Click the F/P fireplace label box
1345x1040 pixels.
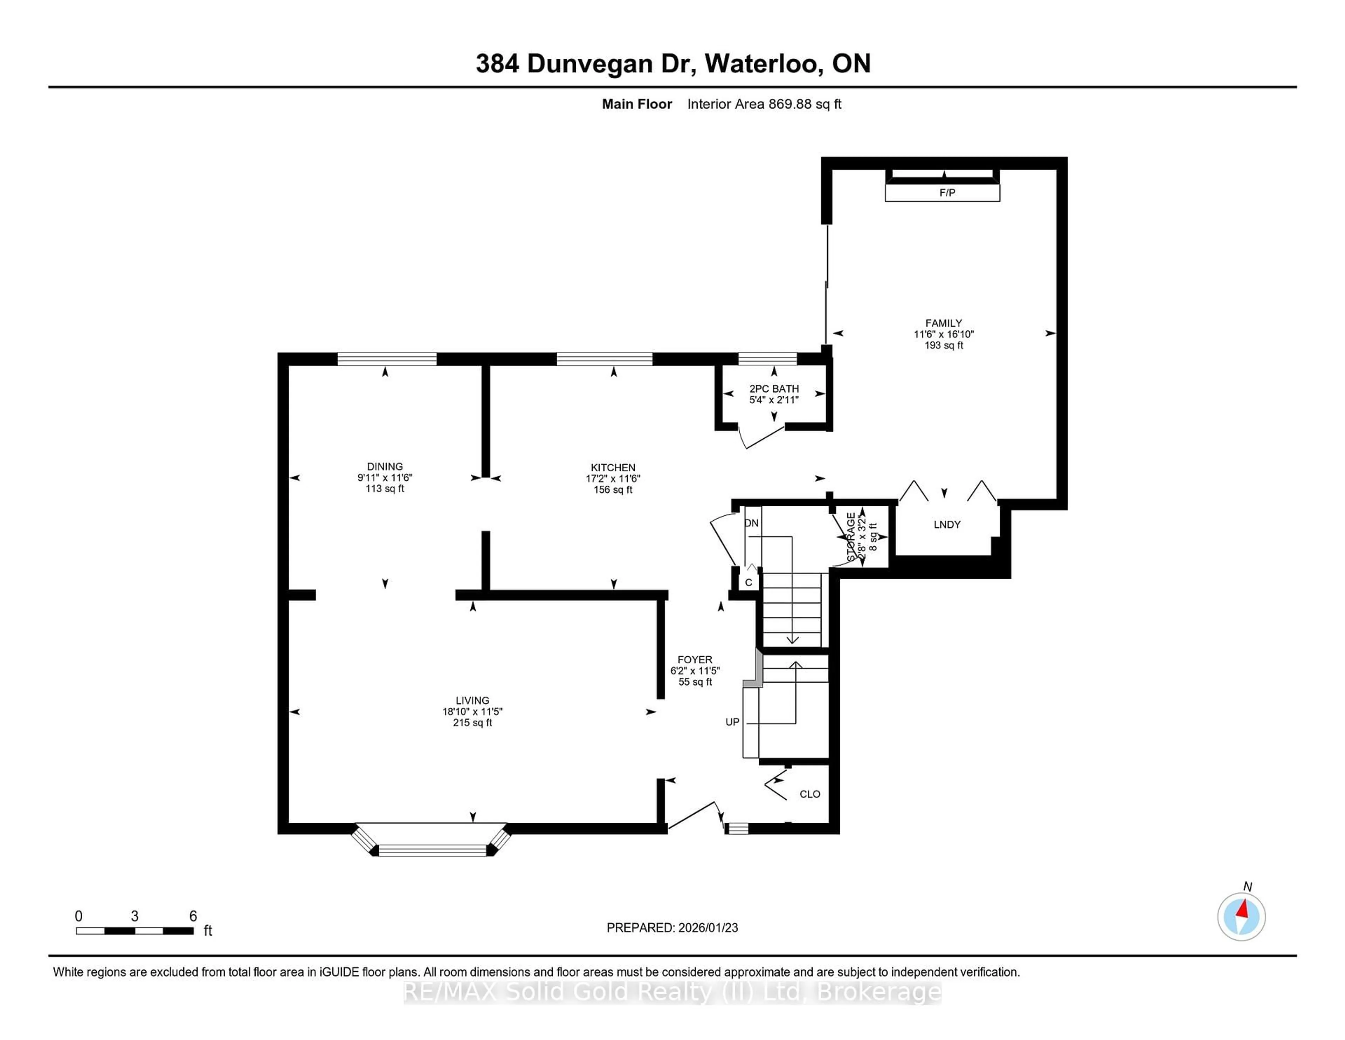click(942, 193)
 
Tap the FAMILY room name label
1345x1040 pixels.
click(944, 323)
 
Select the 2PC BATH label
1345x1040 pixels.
click(774, 389)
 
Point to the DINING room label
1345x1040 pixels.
click(385, 466)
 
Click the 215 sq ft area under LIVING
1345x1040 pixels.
click(473, 723)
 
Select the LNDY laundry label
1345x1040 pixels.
click(946, 524)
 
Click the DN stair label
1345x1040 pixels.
click(751, 523)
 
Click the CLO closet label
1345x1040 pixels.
click(810, 794)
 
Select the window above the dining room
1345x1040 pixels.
click(387, 358)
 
